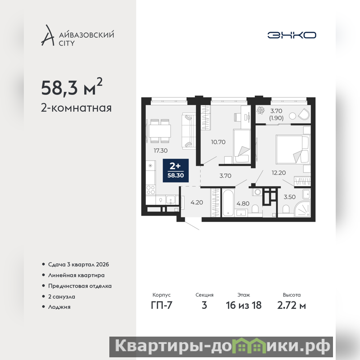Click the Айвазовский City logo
pos(77,35)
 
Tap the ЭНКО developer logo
pos(292,35)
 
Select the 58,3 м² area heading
pos(72,87)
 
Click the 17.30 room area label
pos(161,151)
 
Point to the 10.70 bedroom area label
pos(218,142)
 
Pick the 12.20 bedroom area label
pos(279,173)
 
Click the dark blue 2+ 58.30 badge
pos(175,171)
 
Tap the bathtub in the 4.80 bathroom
pos(228,202)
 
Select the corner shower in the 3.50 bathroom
pos(302,208)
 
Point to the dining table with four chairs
pos(160,131)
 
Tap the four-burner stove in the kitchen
pos(151,189)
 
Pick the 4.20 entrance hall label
pos(197,202)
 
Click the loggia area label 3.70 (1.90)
pos(276,114)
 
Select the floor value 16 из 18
pos(243,305)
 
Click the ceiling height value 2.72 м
pos(291,305)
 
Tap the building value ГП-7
pos(162,305)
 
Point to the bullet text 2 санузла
pos(62,297)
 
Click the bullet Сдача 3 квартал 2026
pos(78,265)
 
